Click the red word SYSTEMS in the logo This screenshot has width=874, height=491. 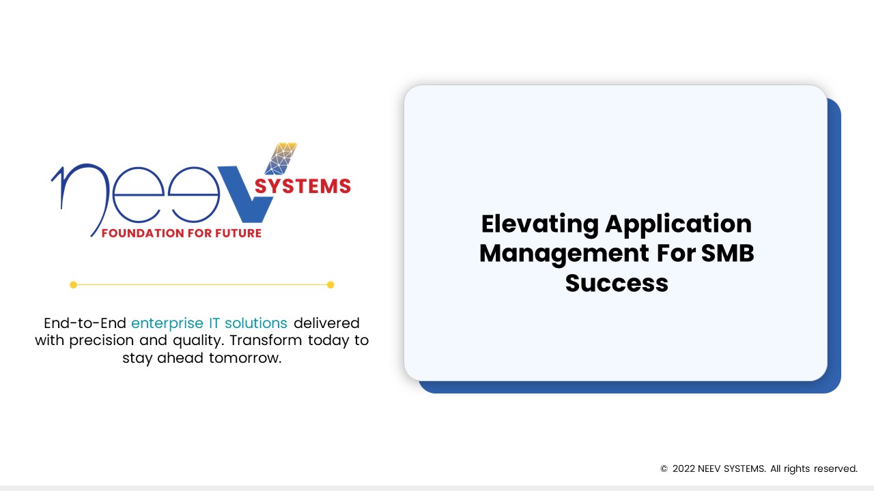tap(302, 186)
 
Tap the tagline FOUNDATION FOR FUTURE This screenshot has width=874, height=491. tap(182, 233)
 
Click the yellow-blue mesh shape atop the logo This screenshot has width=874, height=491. tap(281, 159)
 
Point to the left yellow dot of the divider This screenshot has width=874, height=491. tap(73, 285)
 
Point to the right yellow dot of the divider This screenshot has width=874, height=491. tap(330, 285)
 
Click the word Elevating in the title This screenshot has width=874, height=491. tap(539, 224)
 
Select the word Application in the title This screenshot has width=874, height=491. tap(679, 224)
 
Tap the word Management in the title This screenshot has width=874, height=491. tap(564, 254)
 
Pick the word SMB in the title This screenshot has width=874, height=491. tap(728, 253)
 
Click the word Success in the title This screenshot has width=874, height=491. tap(617, 283)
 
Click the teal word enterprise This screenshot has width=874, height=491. tap(167, 323)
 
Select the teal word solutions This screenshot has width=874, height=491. tap(256, 323)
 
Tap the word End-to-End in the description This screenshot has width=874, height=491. tap(85, 323)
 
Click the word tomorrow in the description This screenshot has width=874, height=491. tap(245, 358)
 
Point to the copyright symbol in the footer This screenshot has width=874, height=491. tap(664, 468)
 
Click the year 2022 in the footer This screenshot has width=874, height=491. tap(683, 468)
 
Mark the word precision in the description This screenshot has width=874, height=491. tap(102, 340)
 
